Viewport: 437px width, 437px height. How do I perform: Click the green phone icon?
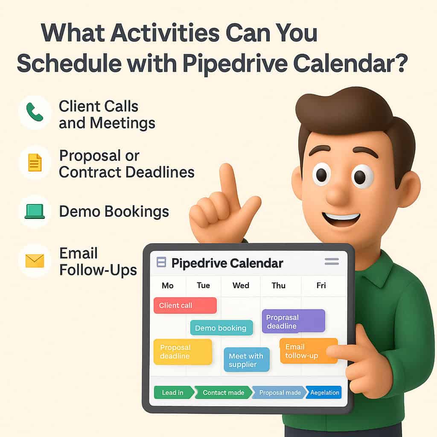click(35, 112)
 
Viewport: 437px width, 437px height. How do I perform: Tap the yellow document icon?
click(35, 163)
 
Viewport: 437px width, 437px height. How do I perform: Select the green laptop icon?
click(35, 211)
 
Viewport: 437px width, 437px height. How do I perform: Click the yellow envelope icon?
click(35, 261)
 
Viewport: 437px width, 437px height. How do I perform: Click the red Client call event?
click(185, 306)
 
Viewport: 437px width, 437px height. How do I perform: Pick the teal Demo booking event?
click(221, 328)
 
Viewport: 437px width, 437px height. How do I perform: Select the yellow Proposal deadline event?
click(182, 352)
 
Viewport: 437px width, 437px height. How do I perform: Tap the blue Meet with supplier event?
click(246, 360)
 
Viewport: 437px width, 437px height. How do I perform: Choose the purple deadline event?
click(293, 321)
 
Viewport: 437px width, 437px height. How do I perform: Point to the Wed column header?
click(241, 286)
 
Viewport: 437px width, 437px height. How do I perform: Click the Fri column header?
click(321, 286)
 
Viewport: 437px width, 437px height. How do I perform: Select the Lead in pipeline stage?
click(173, 393)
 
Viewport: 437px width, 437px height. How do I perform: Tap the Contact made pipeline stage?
click(223, 393)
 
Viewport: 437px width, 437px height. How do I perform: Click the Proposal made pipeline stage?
click(279, 393)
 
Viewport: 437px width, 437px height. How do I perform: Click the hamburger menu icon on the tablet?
click(332, 262)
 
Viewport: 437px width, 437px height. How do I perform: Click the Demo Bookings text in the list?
click(114, 211)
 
